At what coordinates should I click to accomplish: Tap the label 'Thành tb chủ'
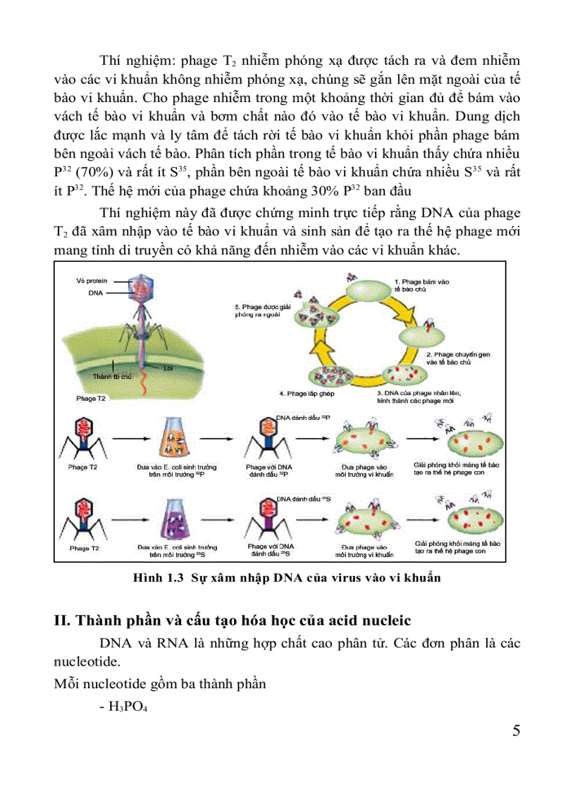point(113,377)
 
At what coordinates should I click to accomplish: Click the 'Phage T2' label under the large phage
point(91,399)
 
